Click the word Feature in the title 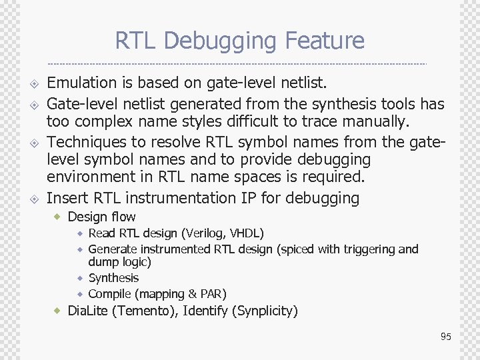pos(325,41)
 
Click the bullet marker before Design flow pos(58,217)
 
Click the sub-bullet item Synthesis pos(113,278)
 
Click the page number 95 pos(446,337)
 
